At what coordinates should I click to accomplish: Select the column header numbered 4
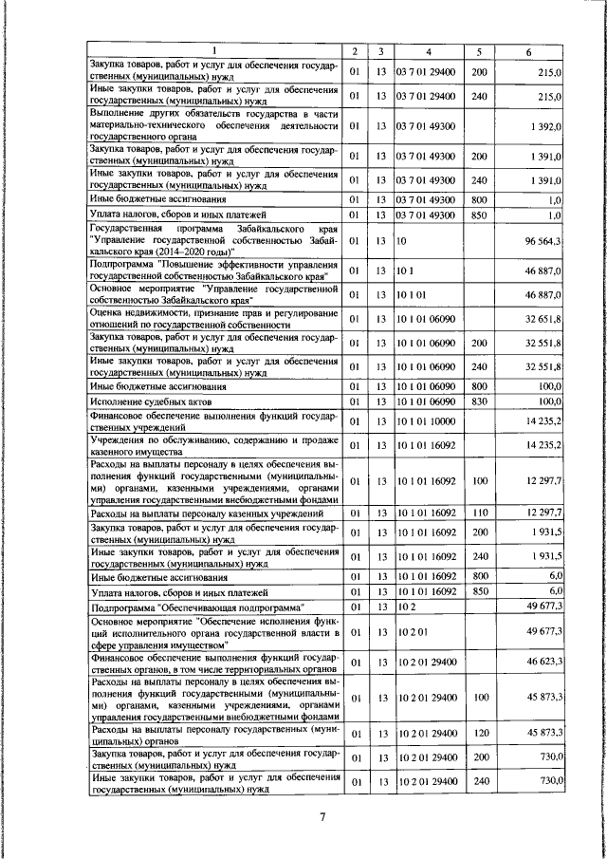pyautogui.click(x=428, y=50)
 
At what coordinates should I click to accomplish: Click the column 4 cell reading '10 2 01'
pyautogui.click(x=414, y=630)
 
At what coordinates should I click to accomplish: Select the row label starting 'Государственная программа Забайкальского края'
pyautogui.click(x=212, y=242)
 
